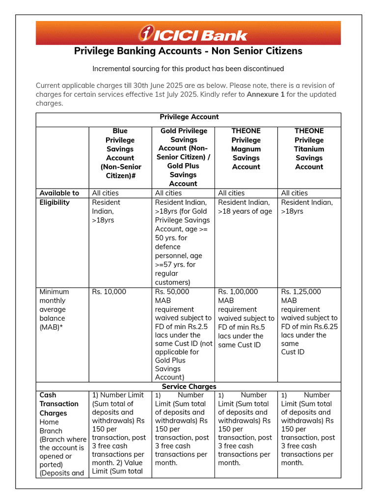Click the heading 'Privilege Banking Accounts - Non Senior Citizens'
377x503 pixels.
click(x=188, y=51)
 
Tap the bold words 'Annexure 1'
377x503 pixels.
click(x=265, y=94)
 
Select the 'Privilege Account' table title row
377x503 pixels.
click(x=189, y=117)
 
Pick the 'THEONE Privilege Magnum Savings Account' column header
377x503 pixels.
click(x=246, y=148)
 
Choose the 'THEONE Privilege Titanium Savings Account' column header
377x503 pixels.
click(x=309, y=148)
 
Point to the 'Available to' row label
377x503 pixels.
click(x=59, y=193)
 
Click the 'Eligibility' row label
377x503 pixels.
click(x=54, y=202)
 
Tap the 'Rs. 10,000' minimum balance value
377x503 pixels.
click(x=109, y=292)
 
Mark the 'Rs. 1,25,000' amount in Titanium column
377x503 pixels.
click(x=301, y=292)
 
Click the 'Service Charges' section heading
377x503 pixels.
click(x=189, y=387)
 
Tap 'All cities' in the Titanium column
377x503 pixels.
click(x=294, y=193)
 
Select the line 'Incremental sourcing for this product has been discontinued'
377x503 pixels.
click(x=188, y=69)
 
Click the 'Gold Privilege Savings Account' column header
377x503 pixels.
click(x=183, y=157)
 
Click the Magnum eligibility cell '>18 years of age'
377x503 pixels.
click(x=244, y=211)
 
